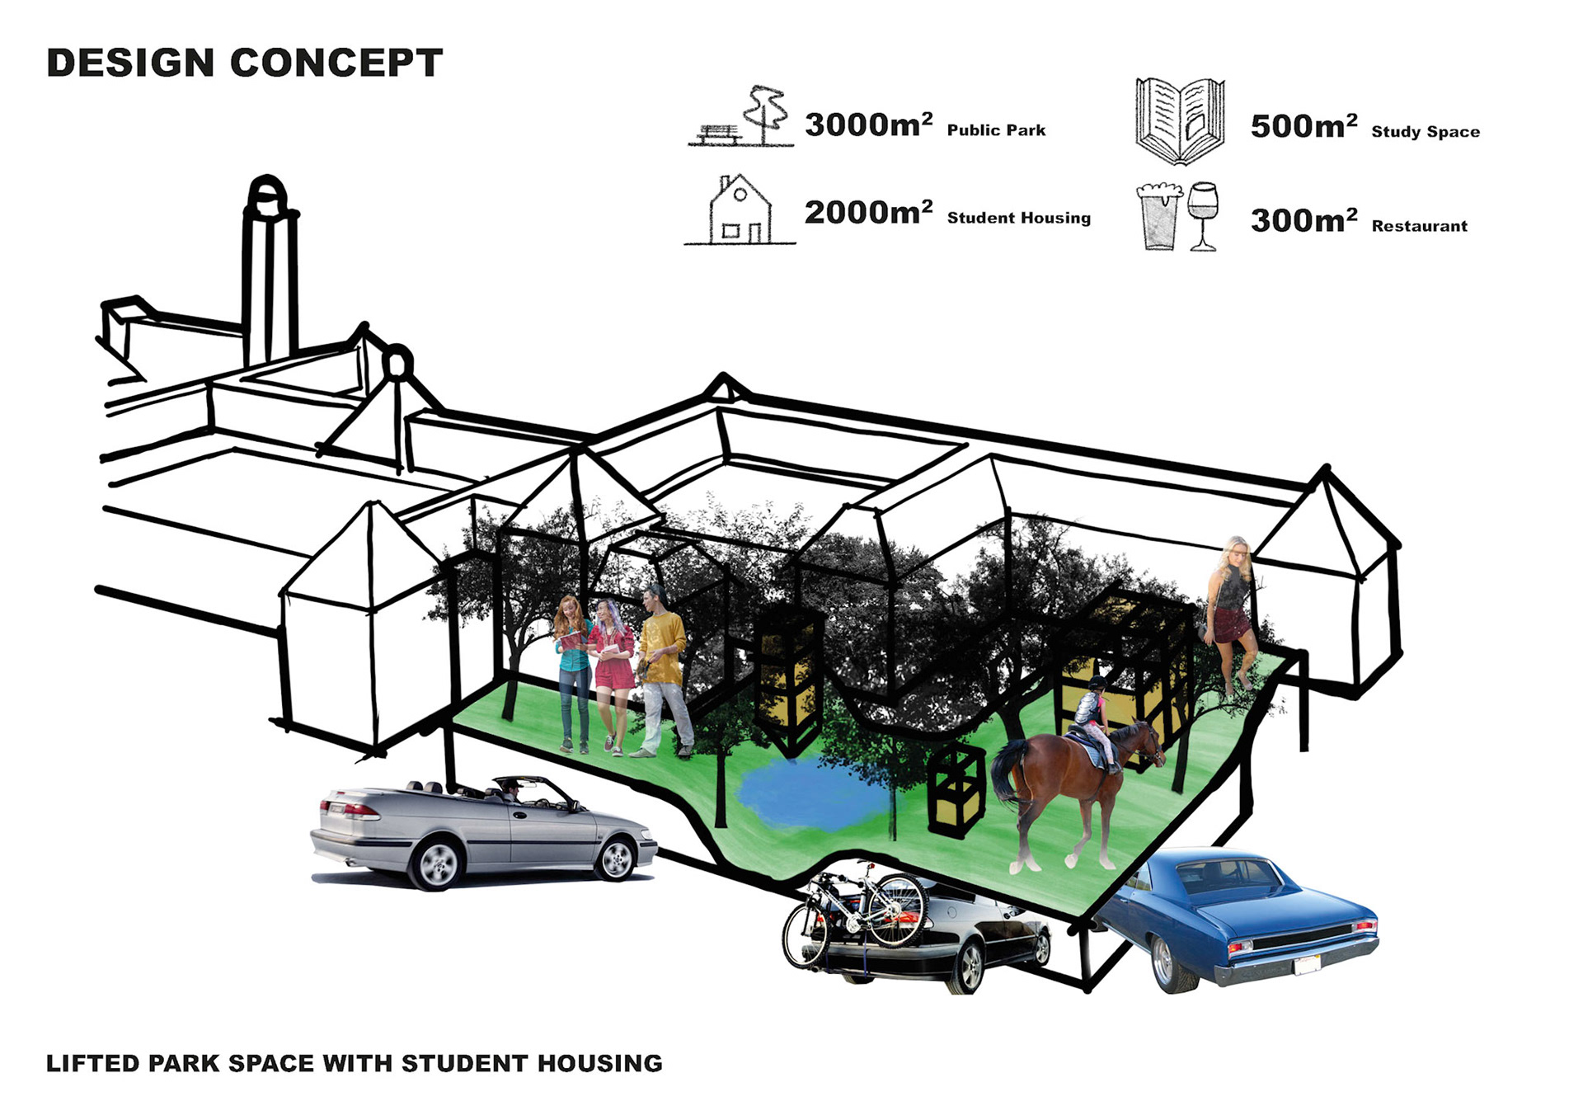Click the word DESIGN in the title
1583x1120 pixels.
point(130,64)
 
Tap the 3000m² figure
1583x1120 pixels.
point(868,125)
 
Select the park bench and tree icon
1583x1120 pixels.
point(741,118)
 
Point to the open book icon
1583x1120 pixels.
point(1179,121)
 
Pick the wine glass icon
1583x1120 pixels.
point(1203,214)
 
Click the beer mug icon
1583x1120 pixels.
point(1158,216)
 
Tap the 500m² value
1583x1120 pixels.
point(1304,127)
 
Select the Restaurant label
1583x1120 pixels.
point(1419,226)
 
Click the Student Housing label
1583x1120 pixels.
point(1018,218)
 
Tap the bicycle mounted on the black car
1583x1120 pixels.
point(857,911)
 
